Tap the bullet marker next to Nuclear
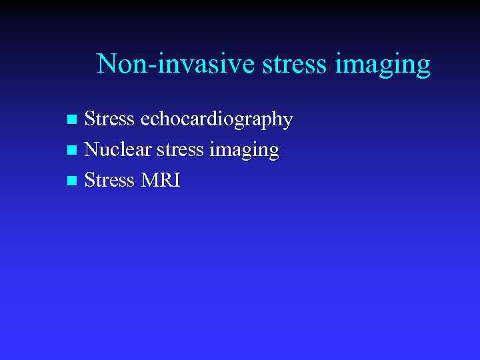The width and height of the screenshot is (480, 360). [73, 151]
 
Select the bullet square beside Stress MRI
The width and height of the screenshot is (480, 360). [73, 181]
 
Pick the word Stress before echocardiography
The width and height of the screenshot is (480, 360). [110, 119]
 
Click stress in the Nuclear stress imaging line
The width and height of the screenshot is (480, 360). [179, 150]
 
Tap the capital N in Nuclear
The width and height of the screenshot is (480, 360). [93, 149]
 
